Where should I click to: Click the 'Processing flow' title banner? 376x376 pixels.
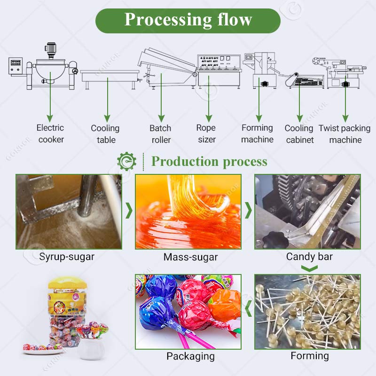coord(188,20)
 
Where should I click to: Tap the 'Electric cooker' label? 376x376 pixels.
coord(51,133)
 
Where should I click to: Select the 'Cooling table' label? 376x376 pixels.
coord(105,134)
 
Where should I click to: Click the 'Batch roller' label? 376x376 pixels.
coord(161,134)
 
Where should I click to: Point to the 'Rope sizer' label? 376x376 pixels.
coord(206,133)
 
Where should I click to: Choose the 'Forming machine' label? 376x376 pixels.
coord(257,133)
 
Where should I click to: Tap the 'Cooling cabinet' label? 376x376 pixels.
coord(299,134)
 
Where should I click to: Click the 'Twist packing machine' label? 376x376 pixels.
coord(345,134)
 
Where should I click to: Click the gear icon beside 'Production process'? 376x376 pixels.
coord(126,162)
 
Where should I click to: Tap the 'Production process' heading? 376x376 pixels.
coord(209,162)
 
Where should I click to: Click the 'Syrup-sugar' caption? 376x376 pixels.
coord(67,257)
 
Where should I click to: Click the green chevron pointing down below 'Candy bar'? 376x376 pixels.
coord(309,268)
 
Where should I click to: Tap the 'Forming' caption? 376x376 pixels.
coord(310,356)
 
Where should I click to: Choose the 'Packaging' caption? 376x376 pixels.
coord(190,356)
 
